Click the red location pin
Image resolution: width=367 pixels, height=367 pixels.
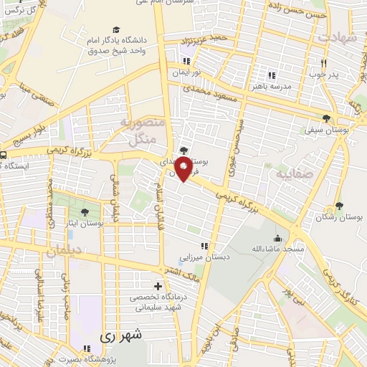coord(184,170)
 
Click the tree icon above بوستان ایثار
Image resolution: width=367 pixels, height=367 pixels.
coord(86,212)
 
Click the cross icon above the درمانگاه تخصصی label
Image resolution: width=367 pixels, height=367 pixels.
coord(158,286)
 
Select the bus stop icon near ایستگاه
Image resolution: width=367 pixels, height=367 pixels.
coord(4,153)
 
